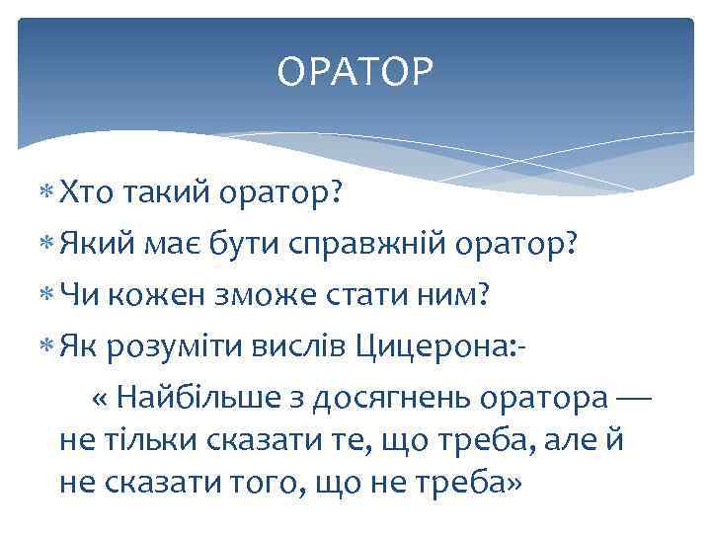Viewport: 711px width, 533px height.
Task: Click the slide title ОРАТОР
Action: pyautogui.click(x=355, y=72)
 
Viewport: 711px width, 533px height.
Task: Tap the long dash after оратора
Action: pyautogui.click(x=633, y=397)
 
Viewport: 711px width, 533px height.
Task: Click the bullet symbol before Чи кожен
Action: pyautogui.click(x=48, y=294)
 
